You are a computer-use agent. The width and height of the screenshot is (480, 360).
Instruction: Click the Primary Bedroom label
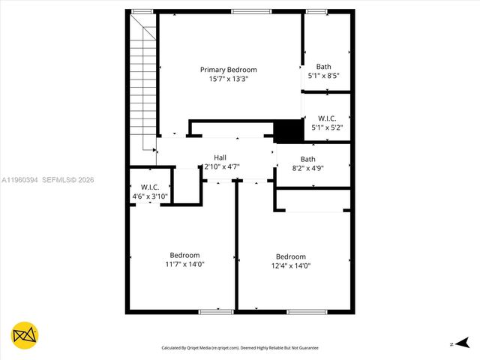(x=228, y=70)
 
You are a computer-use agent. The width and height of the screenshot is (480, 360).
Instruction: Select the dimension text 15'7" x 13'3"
(x=228, y=79)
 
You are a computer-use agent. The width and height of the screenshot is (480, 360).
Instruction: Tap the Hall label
(x=220, y=157)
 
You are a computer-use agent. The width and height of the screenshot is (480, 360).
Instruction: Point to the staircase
(x=143, y=82)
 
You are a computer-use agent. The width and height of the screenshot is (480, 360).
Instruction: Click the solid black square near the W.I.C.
(x=287, y=131)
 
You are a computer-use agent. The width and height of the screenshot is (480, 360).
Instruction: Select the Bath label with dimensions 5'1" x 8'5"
(x=323, y=67)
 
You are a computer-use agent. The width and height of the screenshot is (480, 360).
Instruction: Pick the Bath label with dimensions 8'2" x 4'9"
(x=308, y=159)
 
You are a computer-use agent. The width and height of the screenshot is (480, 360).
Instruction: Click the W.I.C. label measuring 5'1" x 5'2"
(x=327, y=118)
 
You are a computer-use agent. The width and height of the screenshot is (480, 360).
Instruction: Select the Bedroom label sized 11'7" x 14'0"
(x=184, y=255)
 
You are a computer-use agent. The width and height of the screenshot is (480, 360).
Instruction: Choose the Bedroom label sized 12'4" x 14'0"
(x=290, y=256)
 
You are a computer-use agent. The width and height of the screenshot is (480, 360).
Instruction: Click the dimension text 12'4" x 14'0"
(x=290, y=265)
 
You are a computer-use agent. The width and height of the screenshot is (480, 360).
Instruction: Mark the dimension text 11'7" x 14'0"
(x=184, y=264)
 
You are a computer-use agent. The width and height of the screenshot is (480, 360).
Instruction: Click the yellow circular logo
(x=25, y=337)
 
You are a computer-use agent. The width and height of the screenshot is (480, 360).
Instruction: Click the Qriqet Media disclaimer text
(x=240, y=348)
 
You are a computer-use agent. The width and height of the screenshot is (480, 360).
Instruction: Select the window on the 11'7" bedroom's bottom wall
(x=216, y=310)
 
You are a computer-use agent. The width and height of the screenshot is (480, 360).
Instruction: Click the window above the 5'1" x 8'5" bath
(x=316, y=11)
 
